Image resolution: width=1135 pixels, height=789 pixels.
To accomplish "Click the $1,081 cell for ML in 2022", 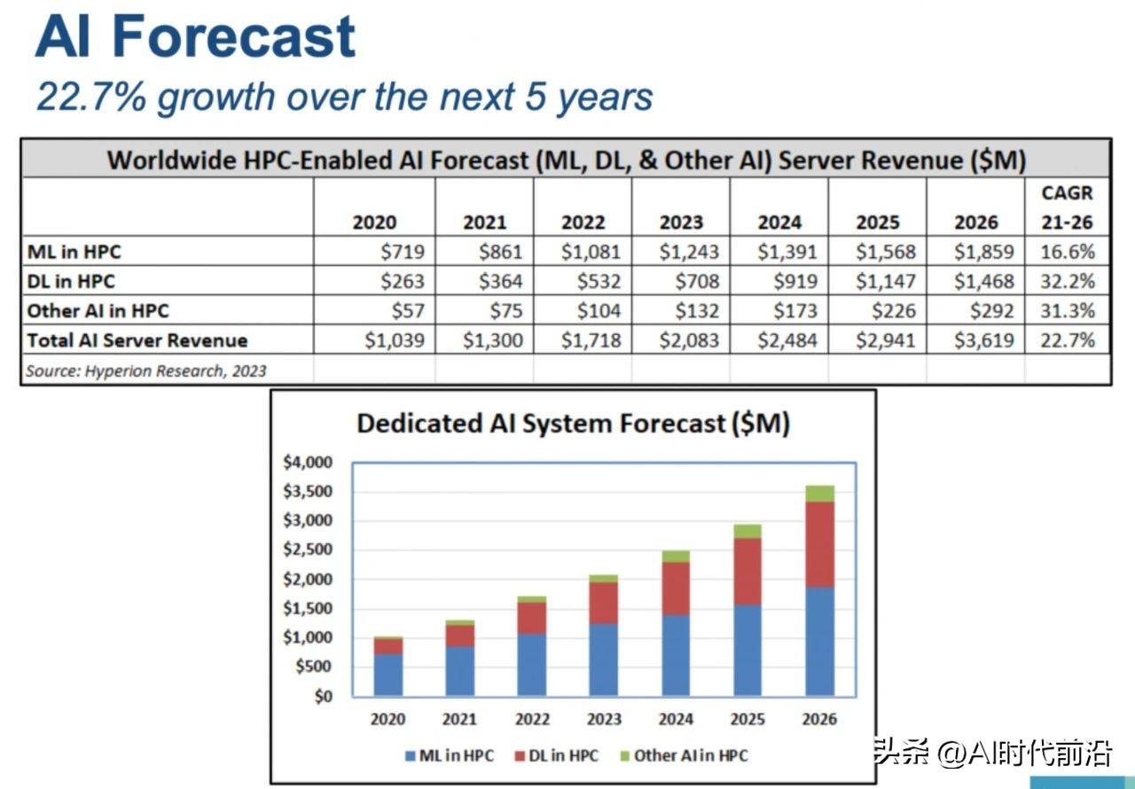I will tap(591, 252).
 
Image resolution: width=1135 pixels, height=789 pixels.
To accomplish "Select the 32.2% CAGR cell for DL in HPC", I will tap(1068, 282).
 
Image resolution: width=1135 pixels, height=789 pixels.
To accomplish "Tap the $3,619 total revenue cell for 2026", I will tap(983, 340).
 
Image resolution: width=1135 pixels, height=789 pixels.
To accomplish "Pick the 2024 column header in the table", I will tap(779, 223).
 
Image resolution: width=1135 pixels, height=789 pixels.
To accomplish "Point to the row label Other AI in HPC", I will tap(98, 311).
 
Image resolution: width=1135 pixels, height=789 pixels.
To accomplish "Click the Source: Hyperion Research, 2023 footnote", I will tap(145, 371).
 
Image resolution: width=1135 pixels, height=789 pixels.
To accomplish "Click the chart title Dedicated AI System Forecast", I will tap(573, 424).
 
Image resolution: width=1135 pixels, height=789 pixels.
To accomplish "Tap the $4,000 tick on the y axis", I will tap(307, 462).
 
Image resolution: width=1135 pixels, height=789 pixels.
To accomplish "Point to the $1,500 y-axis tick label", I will tap(307, 608).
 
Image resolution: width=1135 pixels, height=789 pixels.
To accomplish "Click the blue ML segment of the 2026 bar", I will tap(819, 641).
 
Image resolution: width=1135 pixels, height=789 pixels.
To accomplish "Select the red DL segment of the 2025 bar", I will tap(748, 572).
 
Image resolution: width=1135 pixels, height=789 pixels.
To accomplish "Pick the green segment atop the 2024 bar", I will tap(676, 556).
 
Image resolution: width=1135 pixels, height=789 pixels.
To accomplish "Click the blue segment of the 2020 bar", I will tap(387, 675).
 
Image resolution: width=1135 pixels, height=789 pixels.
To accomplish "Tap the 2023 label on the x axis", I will tap(604, 719).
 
